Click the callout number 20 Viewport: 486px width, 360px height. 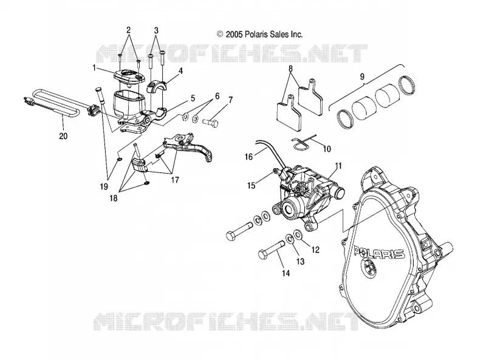[63, 136]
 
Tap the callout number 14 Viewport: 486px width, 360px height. [286, 273]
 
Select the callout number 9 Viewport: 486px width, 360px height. [362, 77]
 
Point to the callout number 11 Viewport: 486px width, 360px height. [338, 166]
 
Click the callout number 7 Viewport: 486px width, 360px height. [230, 100]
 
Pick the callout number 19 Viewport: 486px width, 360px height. [103, 186]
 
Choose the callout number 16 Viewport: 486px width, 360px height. [249, 157]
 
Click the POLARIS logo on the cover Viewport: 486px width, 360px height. [379, 253]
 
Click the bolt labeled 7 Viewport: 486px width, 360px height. [211, 123]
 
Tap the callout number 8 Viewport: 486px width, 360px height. [290, 69]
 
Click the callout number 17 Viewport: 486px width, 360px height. [175, 180]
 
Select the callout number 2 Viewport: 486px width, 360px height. [128, 30]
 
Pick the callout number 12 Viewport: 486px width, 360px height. [315, 250]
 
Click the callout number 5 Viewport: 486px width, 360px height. [193, 98]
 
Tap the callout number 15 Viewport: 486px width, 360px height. [251, 185]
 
